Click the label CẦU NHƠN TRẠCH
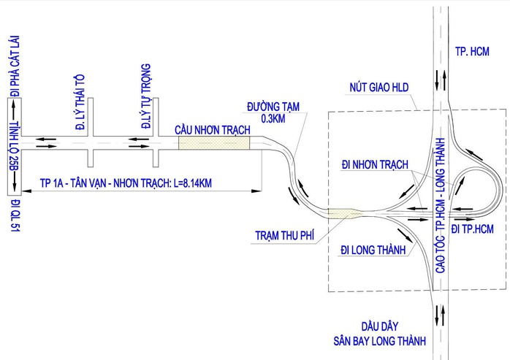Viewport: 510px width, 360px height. [x=213, y=130]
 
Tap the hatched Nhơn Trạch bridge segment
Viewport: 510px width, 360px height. [x=214, y=143]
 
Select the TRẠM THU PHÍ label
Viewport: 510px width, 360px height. [x=285, y=235]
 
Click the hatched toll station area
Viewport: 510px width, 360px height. [x=343, y=213]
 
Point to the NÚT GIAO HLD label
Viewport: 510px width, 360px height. [x=379, y=87]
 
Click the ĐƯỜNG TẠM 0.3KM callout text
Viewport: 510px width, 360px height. [x=273, y=112]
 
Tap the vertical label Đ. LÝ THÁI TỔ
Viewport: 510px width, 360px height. [x=80, y=102]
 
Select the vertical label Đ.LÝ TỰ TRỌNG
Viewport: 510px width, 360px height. [x=146, y=96]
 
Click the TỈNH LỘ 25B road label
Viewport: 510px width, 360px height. [x=15, y=146]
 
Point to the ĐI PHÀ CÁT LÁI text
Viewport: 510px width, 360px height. [x=15, y=66]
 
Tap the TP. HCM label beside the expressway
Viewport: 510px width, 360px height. [x=472, y=51]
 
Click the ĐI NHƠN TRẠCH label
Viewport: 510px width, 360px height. [x=375, y=164]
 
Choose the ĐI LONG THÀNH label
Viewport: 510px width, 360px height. [x=373, y=250]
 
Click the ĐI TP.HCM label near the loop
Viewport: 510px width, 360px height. [x=472, y=229]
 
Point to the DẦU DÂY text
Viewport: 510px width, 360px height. [x=379, y=326]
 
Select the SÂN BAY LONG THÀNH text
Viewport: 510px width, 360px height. [x=379, y=341]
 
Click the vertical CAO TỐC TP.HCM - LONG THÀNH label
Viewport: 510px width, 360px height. [x=441, y=205]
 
